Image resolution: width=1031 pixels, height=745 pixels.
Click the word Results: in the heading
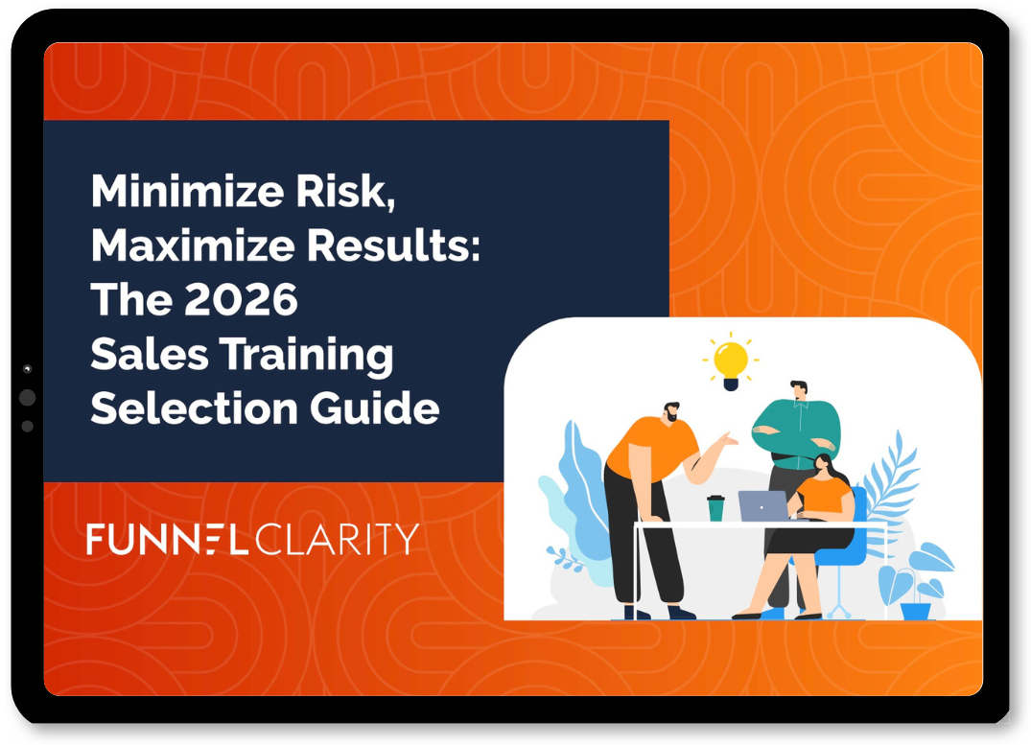coord(393,246)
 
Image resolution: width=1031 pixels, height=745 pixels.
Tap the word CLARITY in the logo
coord(337,540)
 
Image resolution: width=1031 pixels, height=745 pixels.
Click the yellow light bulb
coord(731,362)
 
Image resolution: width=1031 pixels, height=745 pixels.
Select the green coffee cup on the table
coord(715,508)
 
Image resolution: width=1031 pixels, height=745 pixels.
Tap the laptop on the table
coord(762,505)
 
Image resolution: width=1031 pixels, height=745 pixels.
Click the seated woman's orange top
coord(823,497)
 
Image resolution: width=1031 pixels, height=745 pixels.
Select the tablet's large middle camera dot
coord(27,397)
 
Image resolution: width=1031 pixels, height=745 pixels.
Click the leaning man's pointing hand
coord(728,442)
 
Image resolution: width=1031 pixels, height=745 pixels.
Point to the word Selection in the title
coord(192,408)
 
